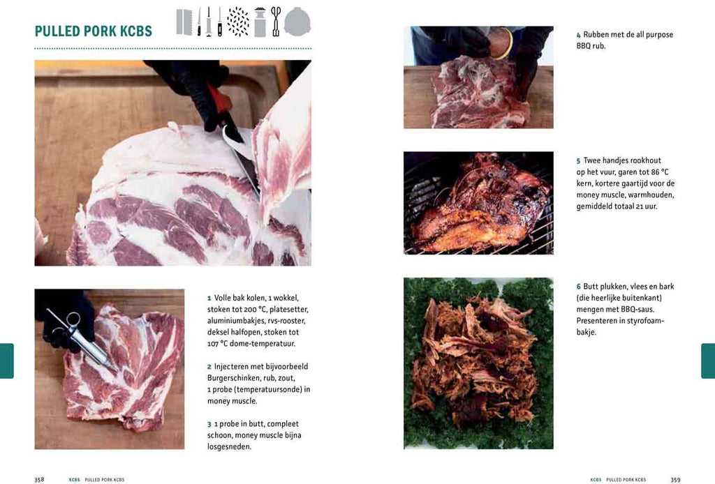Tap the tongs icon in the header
point(276,22)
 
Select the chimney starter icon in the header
point(260,22)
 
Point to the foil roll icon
point(184,22)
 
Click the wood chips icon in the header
point(238,22)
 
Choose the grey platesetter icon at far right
point(297,22)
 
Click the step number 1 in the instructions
point(209,298)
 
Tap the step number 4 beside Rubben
point(578,35)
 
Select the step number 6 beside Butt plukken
point(578,287)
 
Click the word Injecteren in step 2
point(235,366)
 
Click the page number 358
point(39,479)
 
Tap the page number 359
point(675,479)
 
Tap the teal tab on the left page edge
point(6,361)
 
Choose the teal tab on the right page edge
point(708,361)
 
